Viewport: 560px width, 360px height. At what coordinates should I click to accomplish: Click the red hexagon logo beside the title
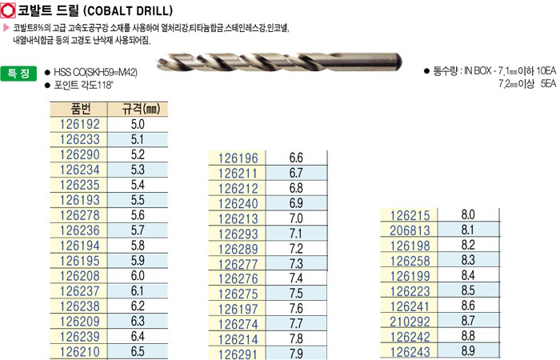pos(8,10)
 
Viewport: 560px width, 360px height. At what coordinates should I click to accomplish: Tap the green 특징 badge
pos(18,74)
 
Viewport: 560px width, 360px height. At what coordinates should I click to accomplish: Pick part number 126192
pos(80,124)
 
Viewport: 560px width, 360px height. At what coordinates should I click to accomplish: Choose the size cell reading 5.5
pos(138,200)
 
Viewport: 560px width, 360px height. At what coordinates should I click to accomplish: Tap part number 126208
pos(80,276)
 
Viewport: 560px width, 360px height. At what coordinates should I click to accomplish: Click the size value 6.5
pos(138,351)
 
